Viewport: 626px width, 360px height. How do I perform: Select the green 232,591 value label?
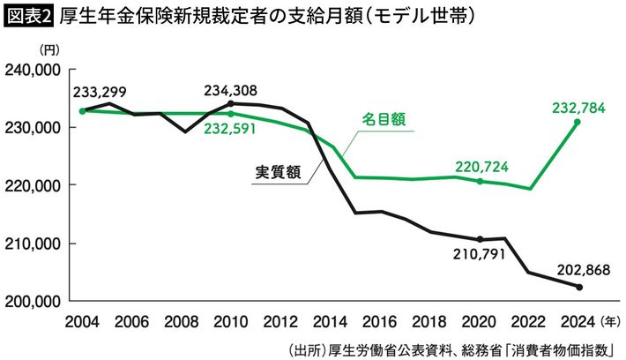click(230, 130)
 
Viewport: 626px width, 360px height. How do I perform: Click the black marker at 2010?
click(230, 103)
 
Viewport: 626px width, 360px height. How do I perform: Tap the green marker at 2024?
click(578, 123)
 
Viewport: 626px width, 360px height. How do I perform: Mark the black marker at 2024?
click(578, 287)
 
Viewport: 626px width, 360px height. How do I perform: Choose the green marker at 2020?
click(479, 181)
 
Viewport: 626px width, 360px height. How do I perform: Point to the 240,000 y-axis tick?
click(33, 69)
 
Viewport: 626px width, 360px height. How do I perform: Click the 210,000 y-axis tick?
click(33, 244)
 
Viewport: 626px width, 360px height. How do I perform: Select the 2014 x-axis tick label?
click(330, 319)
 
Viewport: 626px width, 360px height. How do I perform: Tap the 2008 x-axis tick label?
click(181, 319)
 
